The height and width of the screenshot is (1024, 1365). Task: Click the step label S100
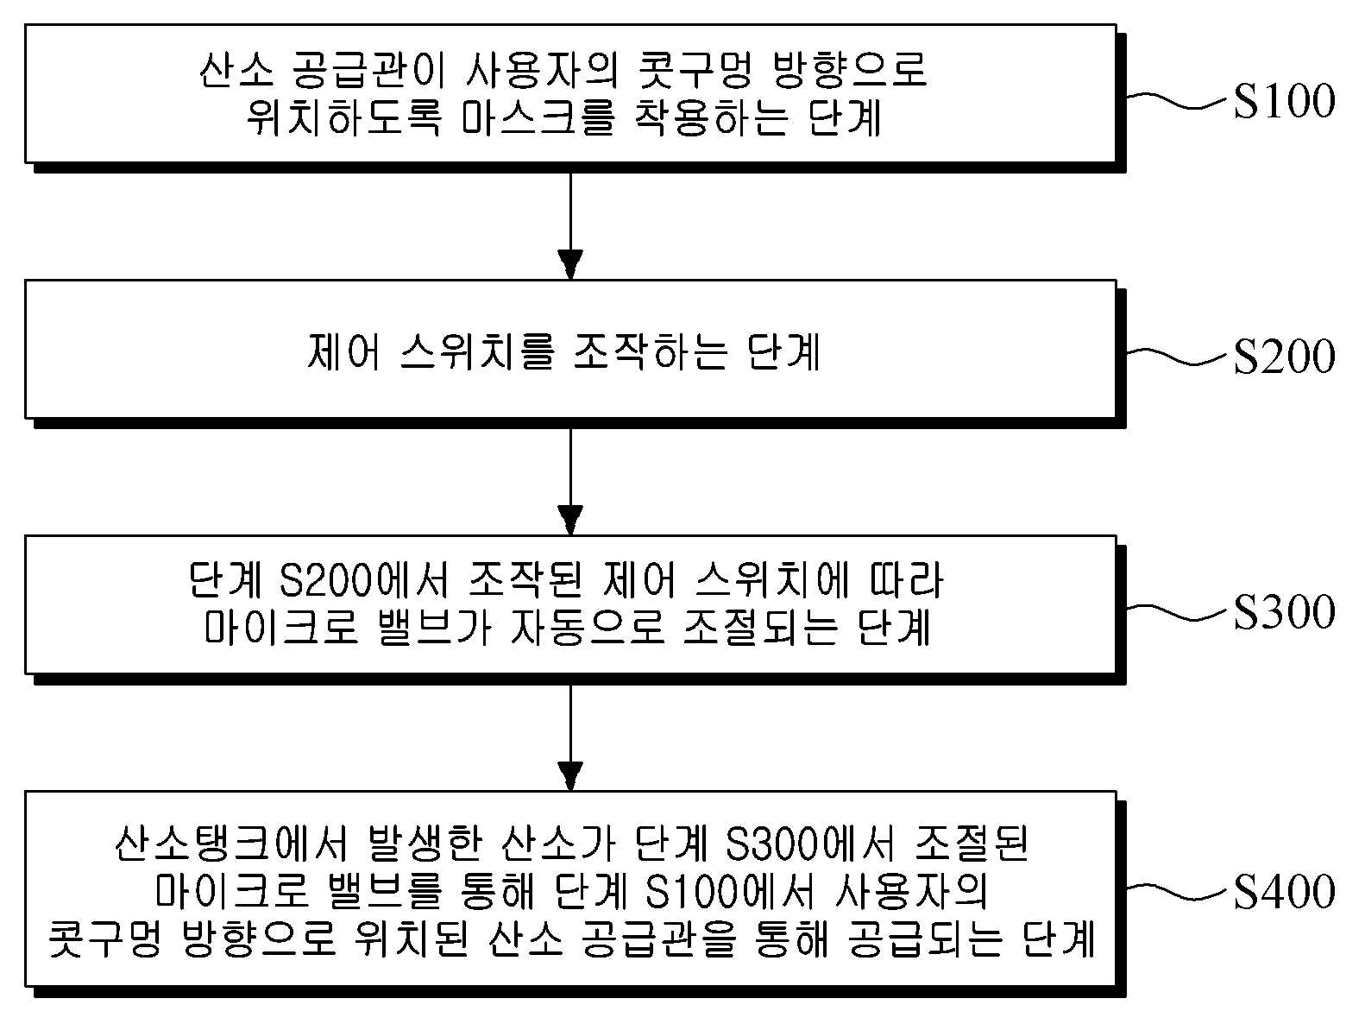tap(1284, 101)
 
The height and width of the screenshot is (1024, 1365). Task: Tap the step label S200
tap(1284, 357)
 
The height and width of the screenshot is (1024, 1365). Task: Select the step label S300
tap(1284, 612)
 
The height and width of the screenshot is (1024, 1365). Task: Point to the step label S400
tap(1284, 892)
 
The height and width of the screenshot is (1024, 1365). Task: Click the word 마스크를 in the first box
tap(538, 117)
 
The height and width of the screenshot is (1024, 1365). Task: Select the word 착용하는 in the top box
tap(712, 117)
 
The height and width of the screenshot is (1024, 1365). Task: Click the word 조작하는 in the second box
tap(650, 352)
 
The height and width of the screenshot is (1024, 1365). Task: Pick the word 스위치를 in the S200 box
tap(477, 352)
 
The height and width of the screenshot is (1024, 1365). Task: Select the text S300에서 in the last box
tap(809, 844)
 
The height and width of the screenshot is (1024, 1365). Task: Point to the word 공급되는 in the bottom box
tap(925, 939)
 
